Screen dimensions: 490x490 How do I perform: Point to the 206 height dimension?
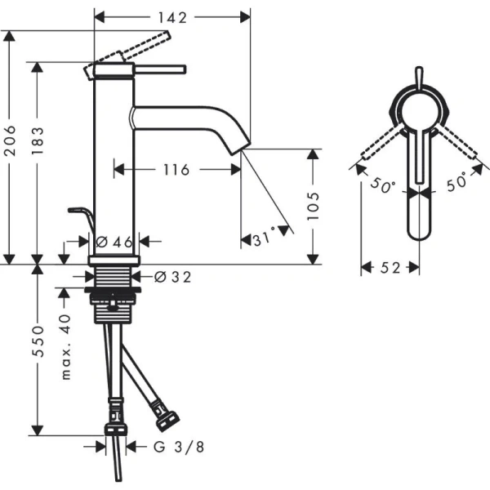pyautogui.click(x=11, y=148)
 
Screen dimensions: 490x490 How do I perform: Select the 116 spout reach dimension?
pyautogui.click(x=176, y=170)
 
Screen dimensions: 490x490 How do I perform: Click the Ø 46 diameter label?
pyautogui.click(x=114, y=241)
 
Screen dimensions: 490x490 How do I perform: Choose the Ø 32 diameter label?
pyautogui.click(x=171, y=277)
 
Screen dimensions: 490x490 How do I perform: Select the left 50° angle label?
pyautogui.click(x=380, y=185)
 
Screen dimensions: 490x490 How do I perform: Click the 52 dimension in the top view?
pyautogui.click(x=390, y=268)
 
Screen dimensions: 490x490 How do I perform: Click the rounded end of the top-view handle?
pyautogui.click(x=418, y=233)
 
